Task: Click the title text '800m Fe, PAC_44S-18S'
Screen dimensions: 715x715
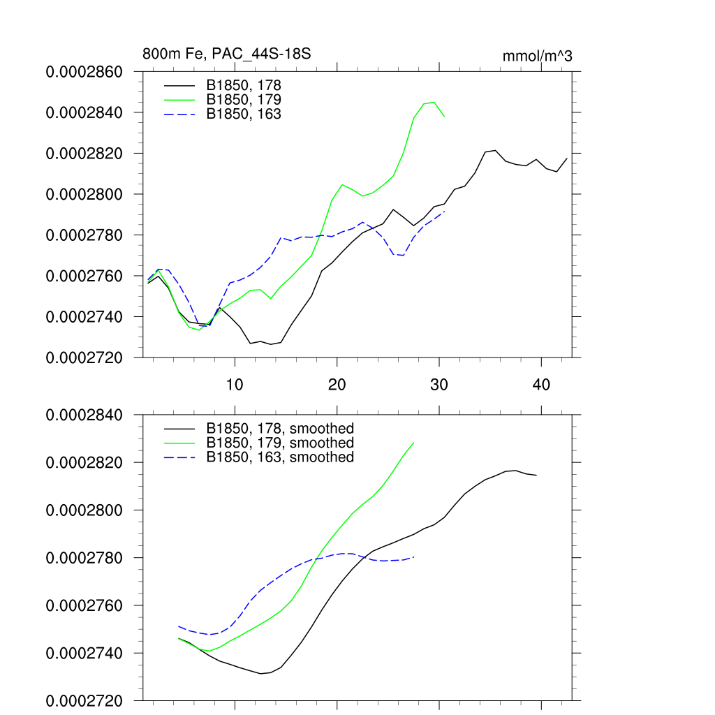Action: (x=226, y=54)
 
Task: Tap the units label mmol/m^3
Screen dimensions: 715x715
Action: (x=538, y=56)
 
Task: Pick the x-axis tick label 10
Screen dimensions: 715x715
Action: (x=235, y=384)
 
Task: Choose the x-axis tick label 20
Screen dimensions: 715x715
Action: (x=337, y=384)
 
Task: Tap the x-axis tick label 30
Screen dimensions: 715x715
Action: (x=439, y=384)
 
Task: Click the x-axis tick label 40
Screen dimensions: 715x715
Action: (x=541, y=384)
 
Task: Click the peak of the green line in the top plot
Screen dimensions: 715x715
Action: (x=434, y=102)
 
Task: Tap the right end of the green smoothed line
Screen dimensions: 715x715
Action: (x=414, y=443)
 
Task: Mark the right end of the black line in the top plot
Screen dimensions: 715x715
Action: (x=567, y=159)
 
